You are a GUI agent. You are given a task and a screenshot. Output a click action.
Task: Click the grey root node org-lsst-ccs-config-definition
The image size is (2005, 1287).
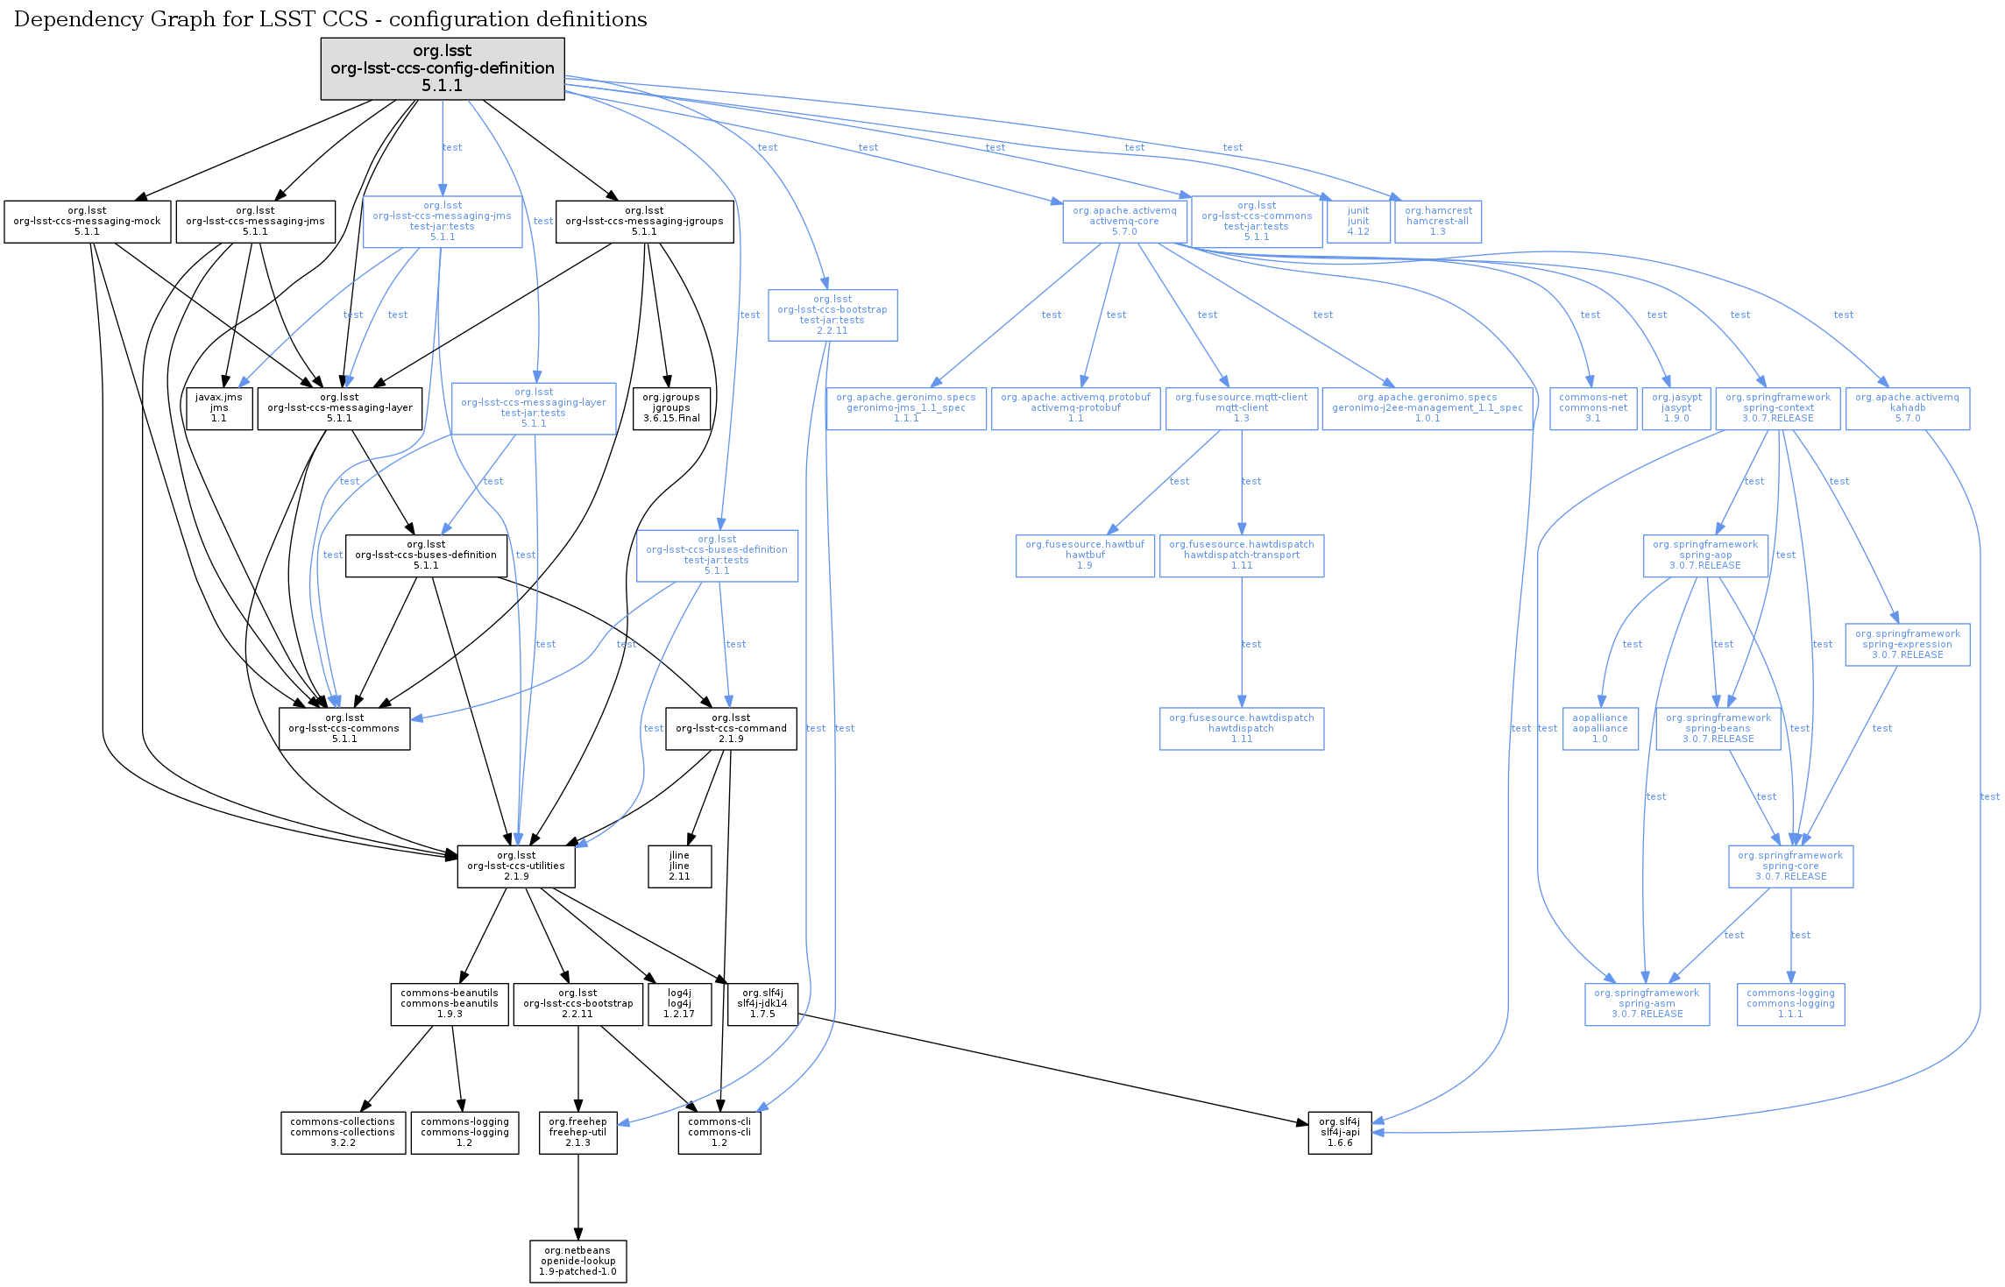[443, 68]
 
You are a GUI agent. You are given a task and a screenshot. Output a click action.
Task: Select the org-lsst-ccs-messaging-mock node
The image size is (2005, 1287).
[87, 222]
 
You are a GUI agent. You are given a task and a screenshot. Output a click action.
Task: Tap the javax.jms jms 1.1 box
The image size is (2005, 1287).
[219, 408]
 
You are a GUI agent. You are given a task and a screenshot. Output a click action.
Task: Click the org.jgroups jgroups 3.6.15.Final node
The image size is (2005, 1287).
[671, 408]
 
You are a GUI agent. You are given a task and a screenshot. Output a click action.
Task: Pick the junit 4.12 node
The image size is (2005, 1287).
[1358, 222]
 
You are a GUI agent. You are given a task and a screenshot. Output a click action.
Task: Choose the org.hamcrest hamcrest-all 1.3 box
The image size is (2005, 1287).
[1438, 222]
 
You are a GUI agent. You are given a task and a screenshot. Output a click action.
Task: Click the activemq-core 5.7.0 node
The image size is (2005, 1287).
[1124, 222]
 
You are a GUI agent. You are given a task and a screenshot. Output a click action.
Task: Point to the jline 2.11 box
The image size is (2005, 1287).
[679, 866]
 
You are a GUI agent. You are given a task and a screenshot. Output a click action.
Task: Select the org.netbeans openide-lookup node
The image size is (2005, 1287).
[578, 1262]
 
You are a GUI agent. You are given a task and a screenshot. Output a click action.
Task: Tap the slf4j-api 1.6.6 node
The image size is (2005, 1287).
[1339, 1133]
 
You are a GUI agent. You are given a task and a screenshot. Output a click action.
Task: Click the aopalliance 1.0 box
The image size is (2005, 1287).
[1600, 729]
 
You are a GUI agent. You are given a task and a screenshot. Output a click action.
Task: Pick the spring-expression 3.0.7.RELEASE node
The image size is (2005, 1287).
[1908, 645]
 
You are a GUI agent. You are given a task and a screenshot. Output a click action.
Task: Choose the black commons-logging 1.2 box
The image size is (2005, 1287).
[464, 1133]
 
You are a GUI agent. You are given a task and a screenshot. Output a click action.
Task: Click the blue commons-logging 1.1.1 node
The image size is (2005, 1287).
[1790, 1004]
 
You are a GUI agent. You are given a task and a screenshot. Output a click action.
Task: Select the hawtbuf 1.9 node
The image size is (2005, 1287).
[1085, 555]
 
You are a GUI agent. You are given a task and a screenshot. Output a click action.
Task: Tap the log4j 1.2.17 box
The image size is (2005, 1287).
[679, 1004]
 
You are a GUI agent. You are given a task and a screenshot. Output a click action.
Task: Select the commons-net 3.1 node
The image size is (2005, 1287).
[1593, 408]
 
